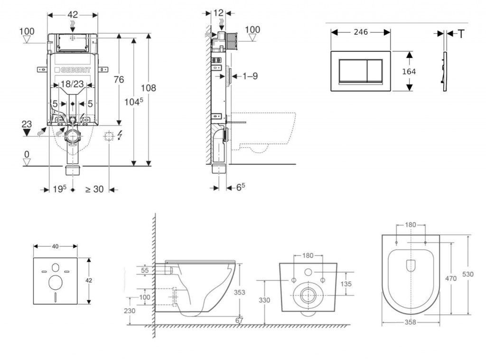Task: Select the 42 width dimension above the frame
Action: coord(73,14)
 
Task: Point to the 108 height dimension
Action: coord(149,88)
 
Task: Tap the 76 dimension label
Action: coord(118,79)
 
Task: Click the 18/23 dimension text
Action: coord(73,85)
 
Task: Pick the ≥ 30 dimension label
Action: coord(94,189)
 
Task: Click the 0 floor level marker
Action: coord(27,155)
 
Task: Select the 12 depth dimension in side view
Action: coord(218,13)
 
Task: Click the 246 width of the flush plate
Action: coord(361,32)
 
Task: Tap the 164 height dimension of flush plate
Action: coord(409,71)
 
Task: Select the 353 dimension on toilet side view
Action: coord(240,293)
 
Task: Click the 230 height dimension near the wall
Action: coord(130,311)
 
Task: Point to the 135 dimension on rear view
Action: coord(346,284)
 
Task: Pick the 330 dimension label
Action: coord(264,300)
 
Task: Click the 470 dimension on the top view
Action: coord(451,278)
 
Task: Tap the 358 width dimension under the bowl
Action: coord(411,322)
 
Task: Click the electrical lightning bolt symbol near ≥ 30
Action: coord(119,136)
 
